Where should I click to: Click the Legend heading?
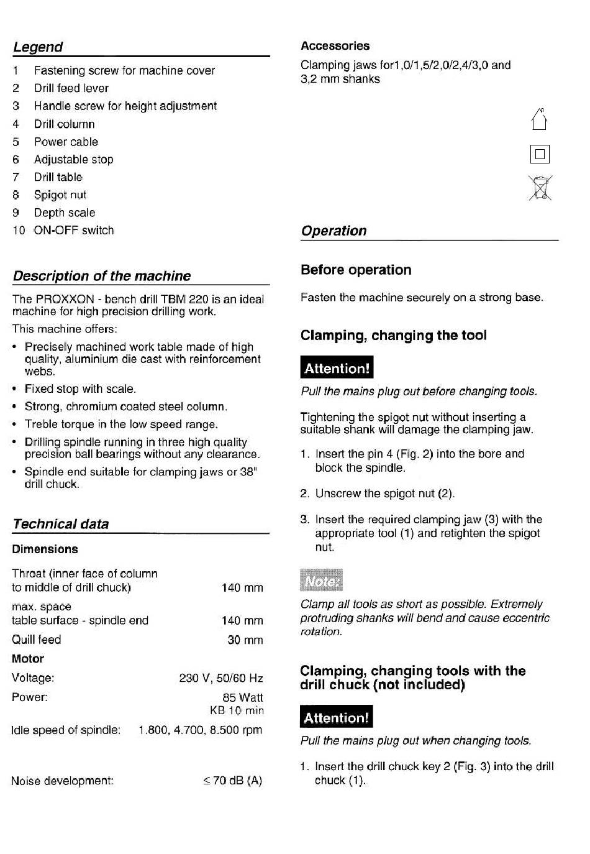coord(38,47)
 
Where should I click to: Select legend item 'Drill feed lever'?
coord(71,88)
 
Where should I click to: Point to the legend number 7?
coord(16,177)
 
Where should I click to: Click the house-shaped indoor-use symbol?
coord(539,119)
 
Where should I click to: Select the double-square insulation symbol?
coord(540,154)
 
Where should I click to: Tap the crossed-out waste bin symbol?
coord(540,188)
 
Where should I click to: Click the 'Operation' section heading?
coord(334,231)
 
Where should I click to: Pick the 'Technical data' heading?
coord(61,524)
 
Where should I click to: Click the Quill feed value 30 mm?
coord(245,640)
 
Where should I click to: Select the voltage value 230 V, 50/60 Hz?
coord(220,678)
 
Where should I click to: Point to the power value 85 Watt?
coord(242,698)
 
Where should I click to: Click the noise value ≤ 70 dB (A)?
coord(232,781)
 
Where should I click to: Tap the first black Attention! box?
coord(337,368)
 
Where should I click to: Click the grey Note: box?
coord(321,581)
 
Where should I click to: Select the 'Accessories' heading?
coord(335,46)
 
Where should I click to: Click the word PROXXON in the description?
coord(65,299)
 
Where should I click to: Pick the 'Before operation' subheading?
coord(356,270)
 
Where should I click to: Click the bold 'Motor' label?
coord(28,659)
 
